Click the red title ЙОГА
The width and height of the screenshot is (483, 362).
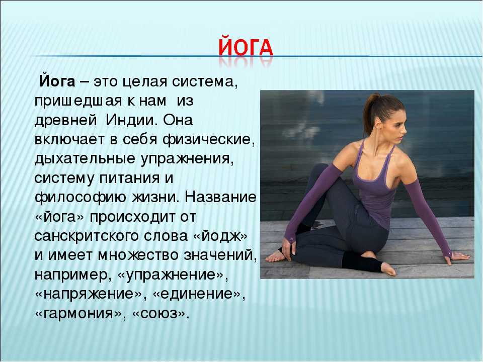tap(246, 47)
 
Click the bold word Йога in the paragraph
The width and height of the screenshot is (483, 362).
tap(57, 81)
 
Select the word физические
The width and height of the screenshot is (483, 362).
tap(208, 140)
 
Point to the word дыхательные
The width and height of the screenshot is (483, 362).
tap(85, 159)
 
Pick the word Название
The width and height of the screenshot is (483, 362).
tap(220, 197)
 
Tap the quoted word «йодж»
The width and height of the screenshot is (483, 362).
tap(220, 236)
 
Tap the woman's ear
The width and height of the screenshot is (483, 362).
tap(379, 123)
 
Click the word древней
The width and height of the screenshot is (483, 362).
tap(65, 120)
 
